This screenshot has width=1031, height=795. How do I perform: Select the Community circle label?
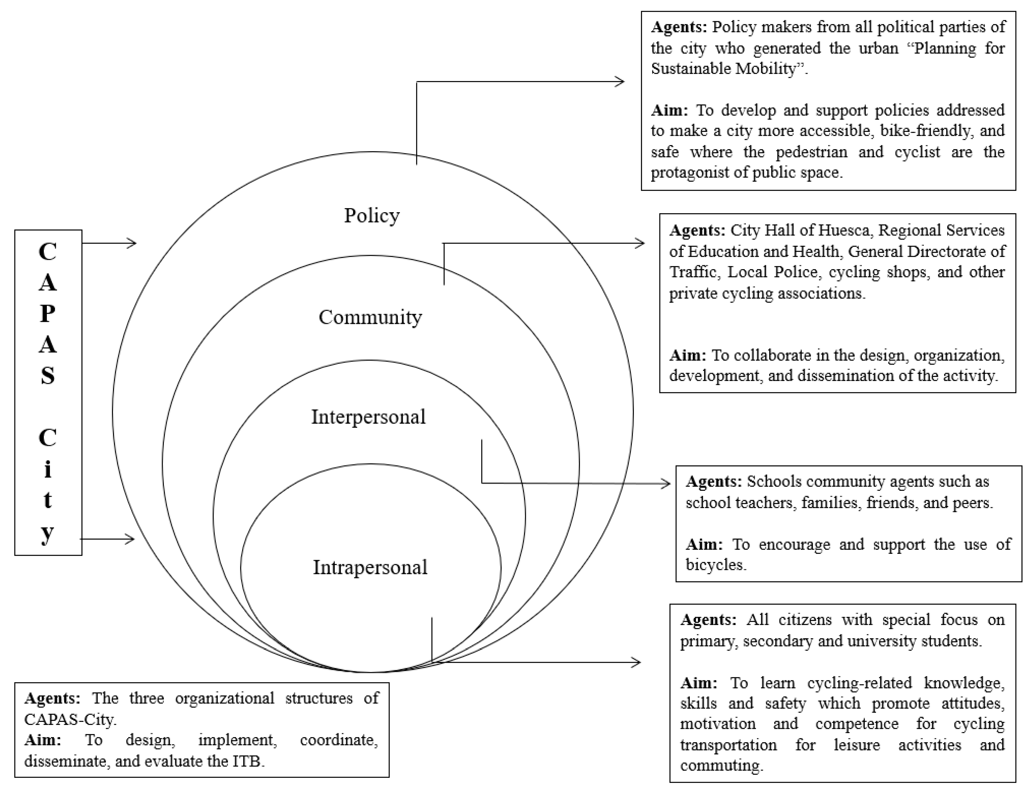(370, 317)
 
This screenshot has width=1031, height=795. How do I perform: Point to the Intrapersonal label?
(370, 567)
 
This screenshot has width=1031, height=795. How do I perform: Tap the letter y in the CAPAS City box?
(47, 533)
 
